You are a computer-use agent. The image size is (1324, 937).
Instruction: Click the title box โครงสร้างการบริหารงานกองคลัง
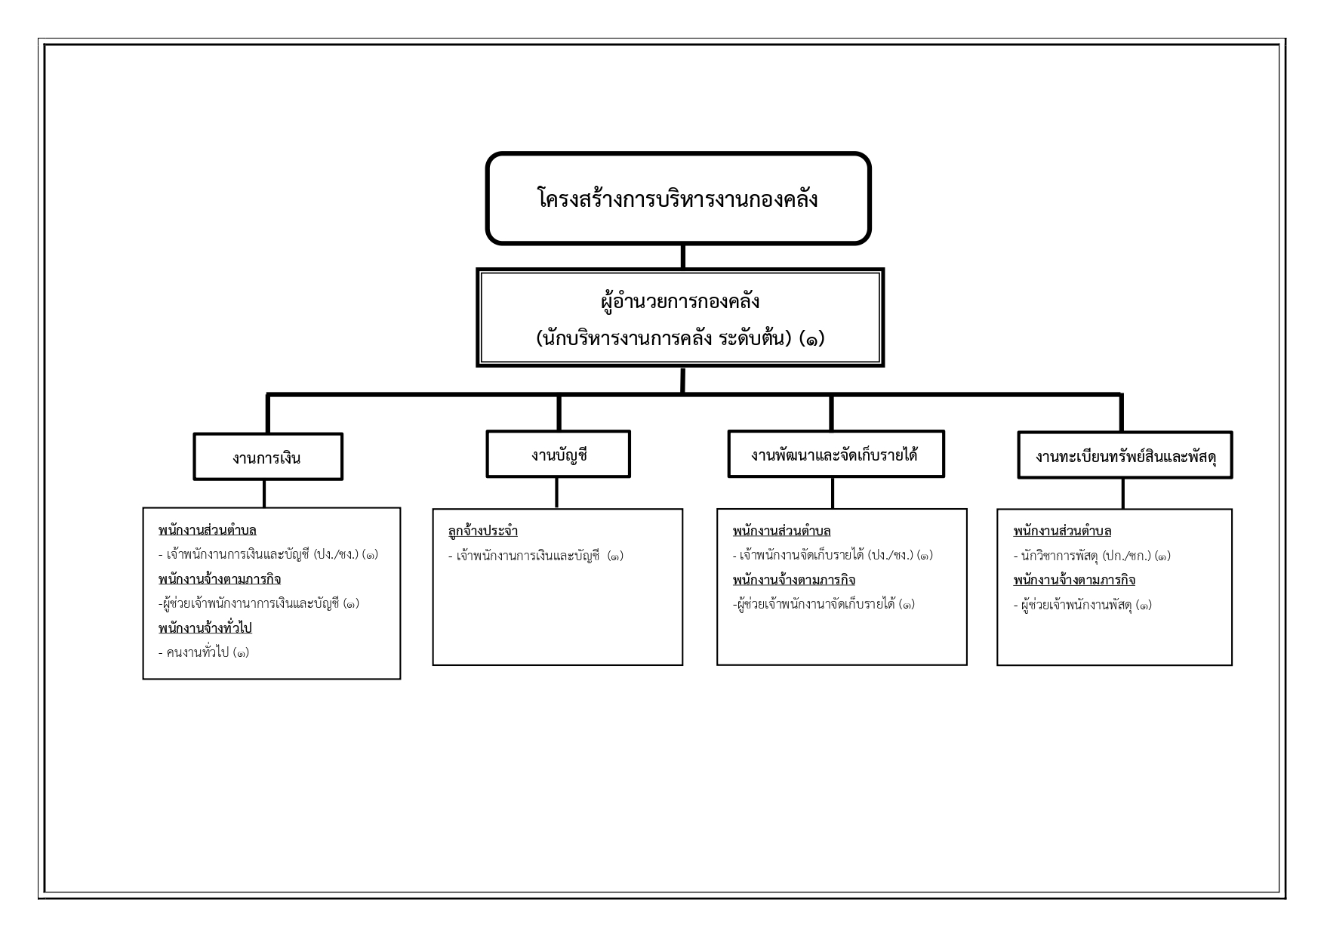pyautogui.click(x=678, y=199)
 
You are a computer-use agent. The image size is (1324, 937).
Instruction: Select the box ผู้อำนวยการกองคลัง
pyautogui.click(x=680, y=317)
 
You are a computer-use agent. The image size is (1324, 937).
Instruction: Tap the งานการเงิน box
pyautogui.click(x=268, y=457)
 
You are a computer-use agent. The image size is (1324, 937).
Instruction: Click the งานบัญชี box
pyautogui.click(x=559, y=455)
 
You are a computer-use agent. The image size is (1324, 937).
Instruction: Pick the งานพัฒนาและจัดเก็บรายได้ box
pyautogui.click(x=836, y=455)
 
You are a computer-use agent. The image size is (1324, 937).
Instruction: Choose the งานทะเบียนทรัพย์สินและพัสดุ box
pyautogui.click(x=1125, y=455)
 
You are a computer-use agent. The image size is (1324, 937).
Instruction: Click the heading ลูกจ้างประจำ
pyautogui.click(x=482, y=531)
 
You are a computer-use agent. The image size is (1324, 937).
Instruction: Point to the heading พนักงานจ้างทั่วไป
pyautogui.click(x=205, y=628)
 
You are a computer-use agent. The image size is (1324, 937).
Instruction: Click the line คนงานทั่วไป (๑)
pyautogui.click(x=204, y=652)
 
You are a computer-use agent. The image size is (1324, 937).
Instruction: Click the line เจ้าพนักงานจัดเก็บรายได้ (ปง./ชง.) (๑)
pyautogui.click(x=833, y=556)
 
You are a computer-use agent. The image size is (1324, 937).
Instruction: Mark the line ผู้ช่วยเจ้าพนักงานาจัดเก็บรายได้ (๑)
pyautogui.click(x=824, y=604)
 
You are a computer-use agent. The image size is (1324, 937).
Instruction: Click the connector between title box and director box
pyautogui.click(x=682, y=257)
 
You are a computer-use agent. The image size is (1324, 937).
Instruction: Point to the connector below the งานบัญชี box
pyautogui.click(x=557, y=493)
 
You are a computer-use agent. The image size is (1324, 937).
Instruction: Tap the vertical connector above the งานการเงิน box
pyautogui.click(x=268, y=414)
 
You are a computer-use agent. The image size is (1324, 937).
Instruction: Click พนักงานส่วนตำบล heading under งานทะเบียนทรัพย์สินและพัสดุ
pyautogui.click(x=1062, y=531)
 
